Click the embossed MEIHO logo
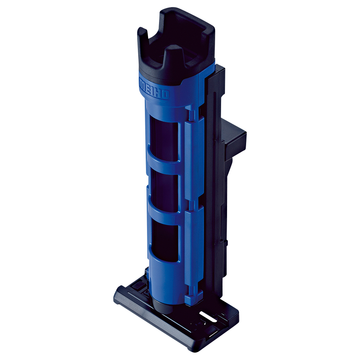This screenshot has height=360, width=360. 154,89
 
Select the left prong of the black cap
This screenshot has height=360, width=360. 142,35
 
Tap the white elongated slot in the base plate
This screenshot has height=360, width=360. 208,316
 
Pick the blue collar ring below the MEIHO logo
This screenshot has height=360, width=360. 166,106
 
